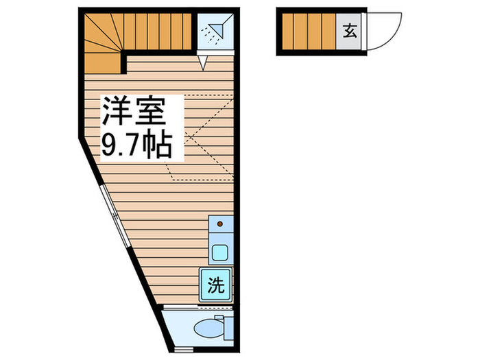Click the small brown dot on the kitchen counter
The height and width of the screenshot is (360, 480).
[219, 224]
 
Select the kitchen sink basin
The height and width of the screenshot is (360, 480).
[220, 252]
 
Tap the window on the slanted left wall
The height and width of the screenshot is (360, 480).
[113, 213]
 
